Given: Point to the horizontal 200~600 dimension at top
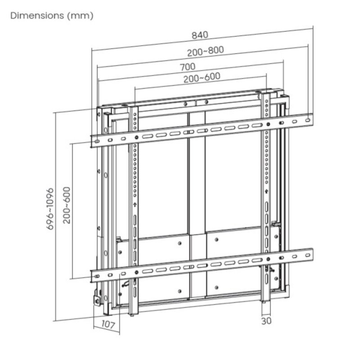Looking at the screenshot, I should point(202,77).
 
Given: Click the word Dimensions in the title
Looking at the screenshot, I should point(36,16).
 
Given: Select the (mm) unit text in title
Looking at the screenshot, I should point(80,16).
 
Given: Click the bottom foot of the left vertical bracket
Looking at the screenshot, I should point(132,311).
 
